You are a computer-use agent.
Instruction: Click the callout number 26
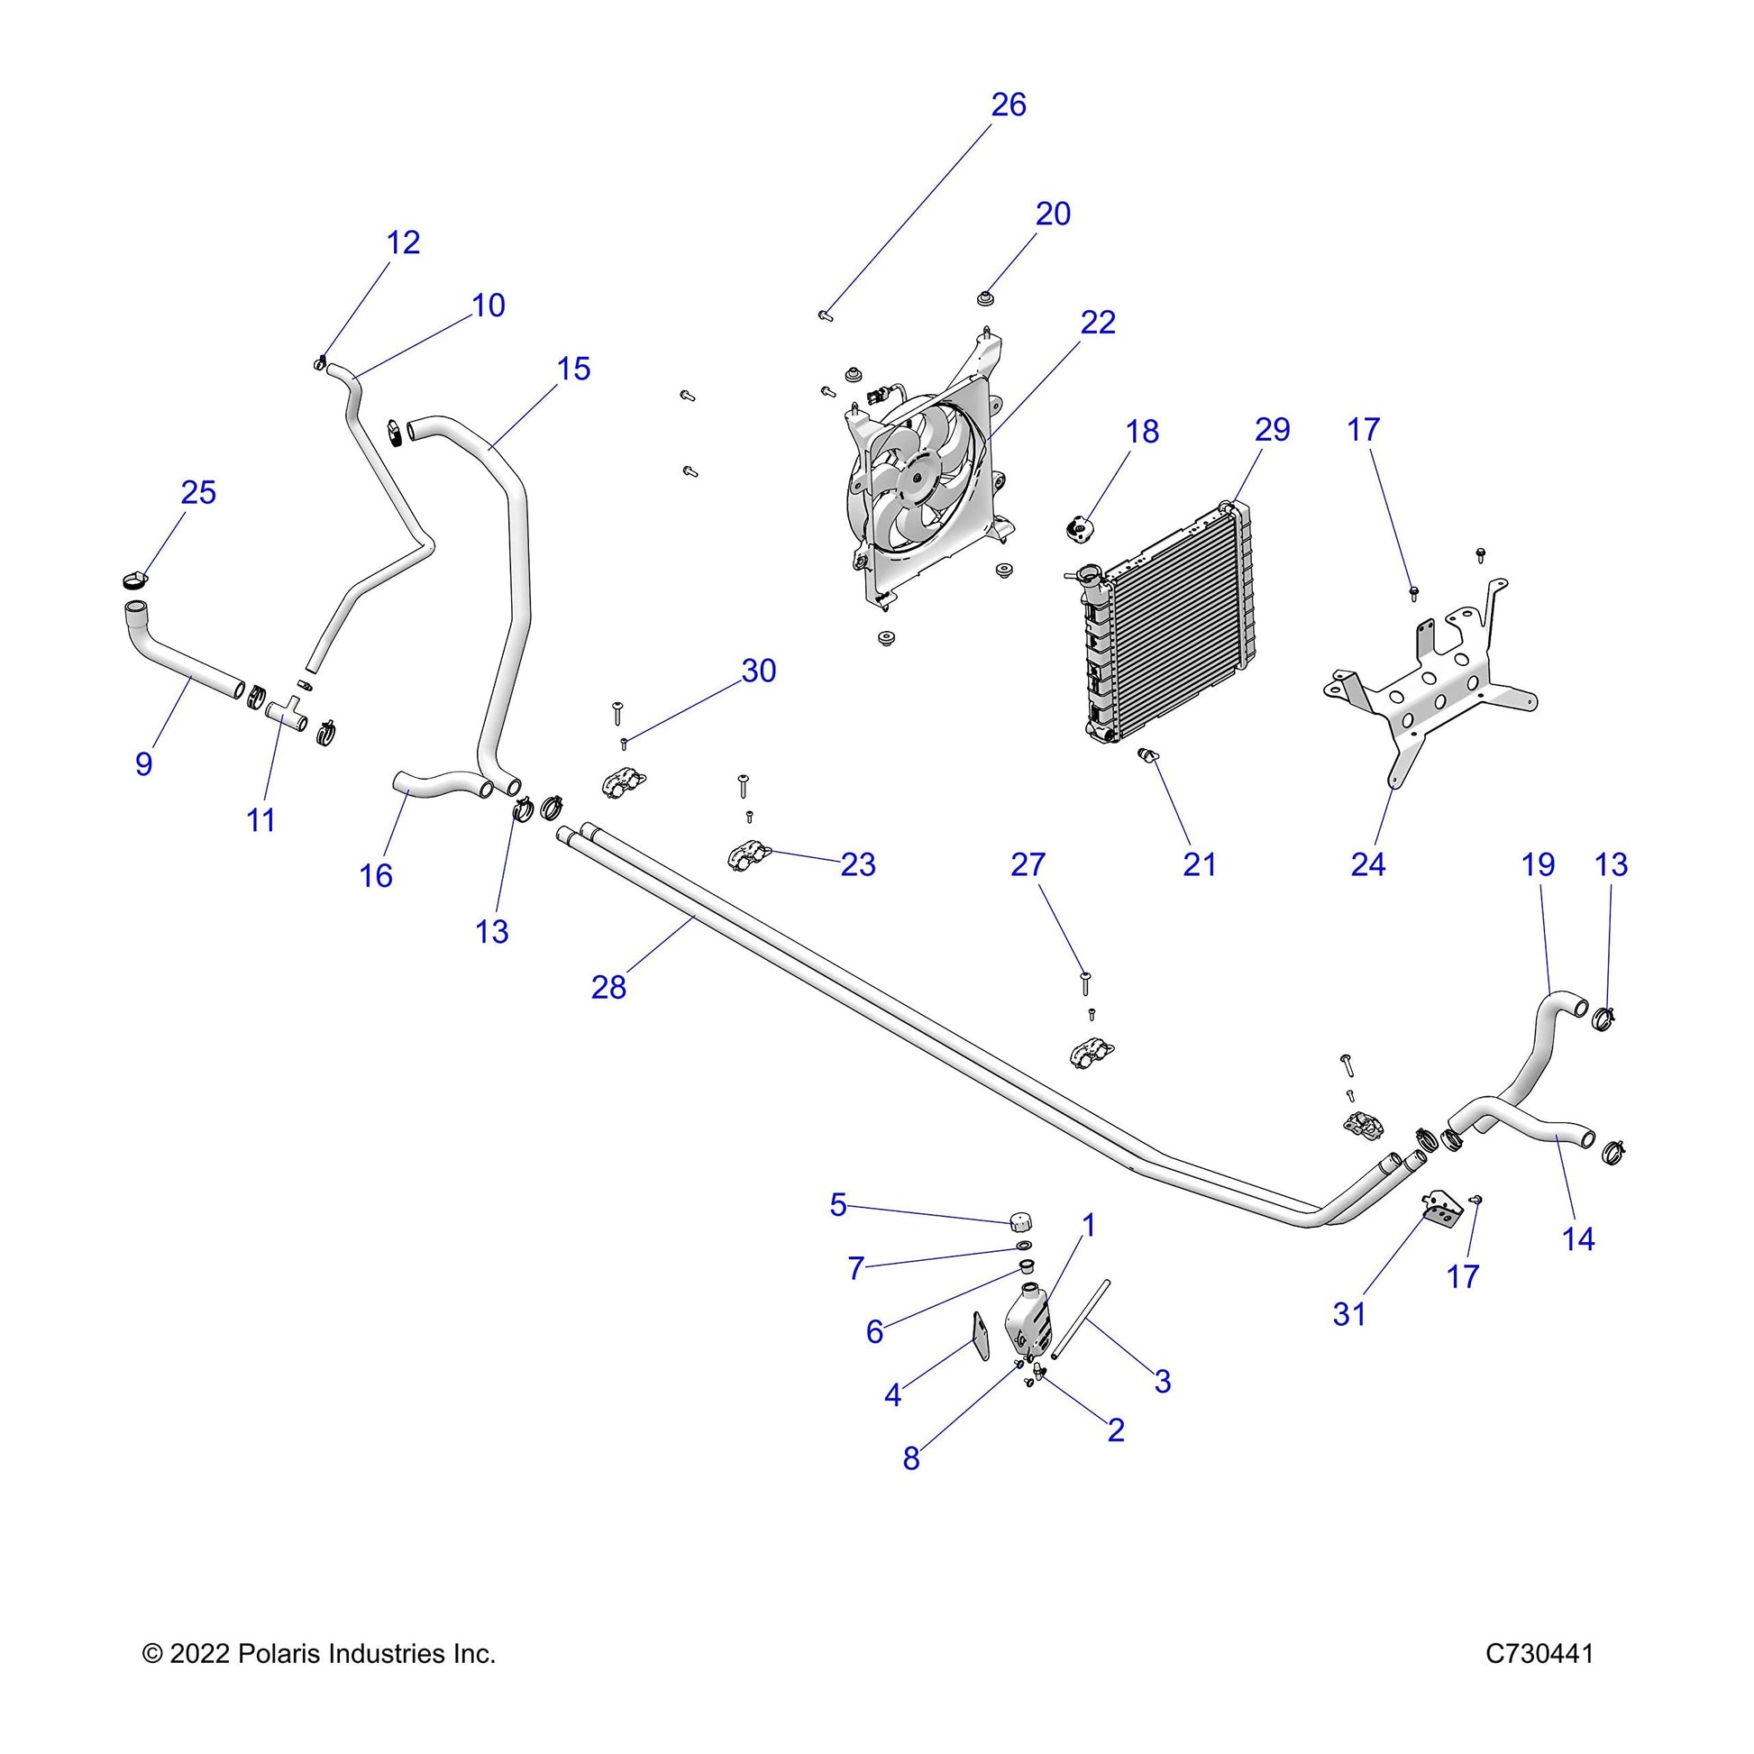(1008, 105)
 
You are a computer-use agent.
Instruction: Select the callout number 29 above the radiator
(1272, 429)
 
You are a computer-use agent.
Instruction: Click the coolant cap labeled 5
(1022, 1219)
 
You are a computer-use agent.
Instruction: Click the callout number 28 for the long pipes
(608, 987)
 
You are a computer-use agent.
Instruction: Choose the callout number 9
(143, 763)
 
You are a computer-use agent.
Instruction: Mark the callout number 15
(573, 369)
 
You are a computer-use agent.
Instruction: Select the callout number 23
(857, 864)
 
